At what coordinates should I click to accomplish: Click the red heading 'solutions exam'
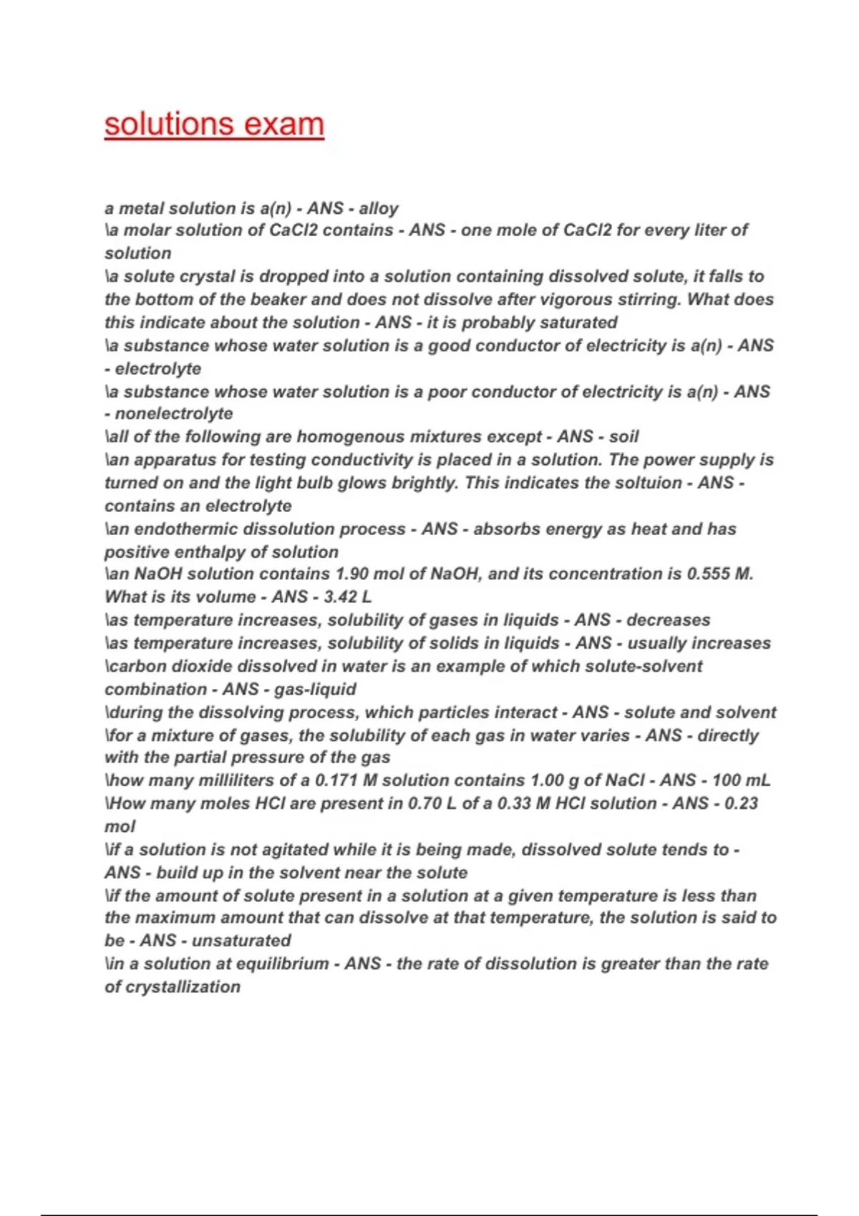(214, 124)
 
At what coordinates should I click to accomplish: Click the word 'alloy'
(379, 208)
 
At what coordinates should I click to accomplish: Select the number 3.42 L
(348, 597)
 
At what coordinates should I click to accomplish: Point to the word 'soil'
(623, 436)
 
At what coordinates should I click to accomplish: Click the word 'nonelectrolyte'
(174, 413)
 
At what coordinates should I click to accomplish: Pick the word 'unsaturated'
(241, 941)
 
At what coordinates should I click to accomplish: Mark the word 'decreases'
(669, 620)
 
